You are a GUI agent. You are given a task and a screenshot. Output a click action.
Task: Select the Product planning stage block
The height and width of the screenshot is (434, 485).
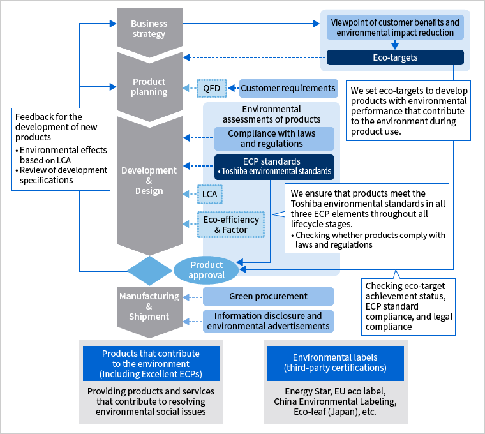pos(149,87)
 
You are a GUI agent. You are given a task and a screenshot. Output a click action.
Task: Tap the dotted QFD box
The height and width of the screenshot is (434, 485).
pos(212,89)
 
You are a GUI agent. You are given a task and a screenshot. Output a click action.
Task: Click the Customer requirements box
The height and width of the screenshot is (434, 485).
pos(288,89)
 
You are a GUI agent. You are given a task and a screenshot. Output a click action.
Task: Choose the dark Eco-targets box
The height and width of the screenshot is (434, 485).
pos(395,57)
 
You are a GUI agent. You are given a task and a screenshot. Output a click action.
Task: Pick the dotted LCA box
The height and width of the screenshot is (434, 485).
pos(210,194)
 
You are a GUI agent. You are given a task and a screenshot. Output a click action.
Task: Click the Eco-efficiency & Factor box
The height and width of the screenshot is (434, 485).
pos(231,225)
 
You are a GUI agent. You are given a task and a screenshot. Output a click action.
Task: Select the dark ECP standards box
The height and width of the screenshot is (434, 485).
pos(274,167)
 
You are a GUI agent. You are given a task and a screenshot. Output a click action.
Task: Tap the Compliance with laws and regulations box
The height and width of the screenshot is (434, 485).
pos(274,138)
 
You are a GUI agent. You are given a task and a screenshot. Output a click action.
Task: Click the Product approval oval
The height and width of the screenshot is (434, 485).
pos(206,270)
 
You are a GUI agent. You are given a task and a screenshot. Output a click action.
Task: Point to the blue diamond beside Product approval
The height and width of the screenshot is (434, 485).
pos(150,271)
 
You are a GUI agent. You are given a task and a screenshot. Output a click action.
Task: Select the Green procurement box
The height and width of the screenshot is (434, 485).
pos(268,296)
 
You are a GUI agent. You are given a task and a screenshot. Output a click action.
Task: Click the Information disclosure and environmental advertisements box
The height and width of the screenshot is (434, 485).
pos(268,321)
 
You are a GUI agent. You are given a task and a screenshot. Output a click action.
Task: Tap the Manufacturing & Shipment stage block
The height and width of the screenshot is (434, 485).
pos(149,310)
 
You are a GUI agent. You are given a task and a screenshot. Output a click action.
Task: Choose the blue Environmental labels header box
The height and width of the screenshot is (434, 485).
pos(336,363)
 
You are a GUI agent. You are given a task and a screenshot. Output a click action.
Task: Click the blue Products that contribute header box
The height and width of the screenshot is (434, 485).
pos(151,363)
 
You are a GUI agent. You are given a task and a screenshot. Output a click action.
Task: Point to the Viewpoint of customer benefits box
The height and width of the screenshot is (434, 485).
pos(395,27)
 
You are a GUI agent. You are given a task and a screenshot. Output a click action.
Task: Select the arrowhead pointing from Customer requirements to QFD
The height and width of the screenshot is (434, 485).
pos(232,89)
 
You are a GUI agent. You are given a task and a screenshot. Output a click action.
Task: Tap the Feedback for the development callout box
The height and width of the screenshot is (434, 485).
pos(61,149)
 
